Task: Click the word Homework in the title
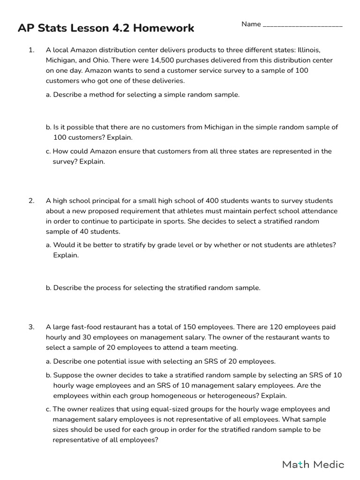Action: pos(164,28)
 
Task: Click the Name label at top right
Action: pos(251,24)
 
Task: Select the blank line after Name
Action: pos(303,25)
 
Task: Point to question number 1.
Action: pos(31,50)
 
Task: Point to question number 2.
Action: pos(31,201)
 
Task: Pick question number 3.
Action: pos(31,327)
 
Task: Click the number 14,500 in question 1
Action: pos(163,60)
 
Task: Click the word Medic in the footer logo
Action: pos(329,465)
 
